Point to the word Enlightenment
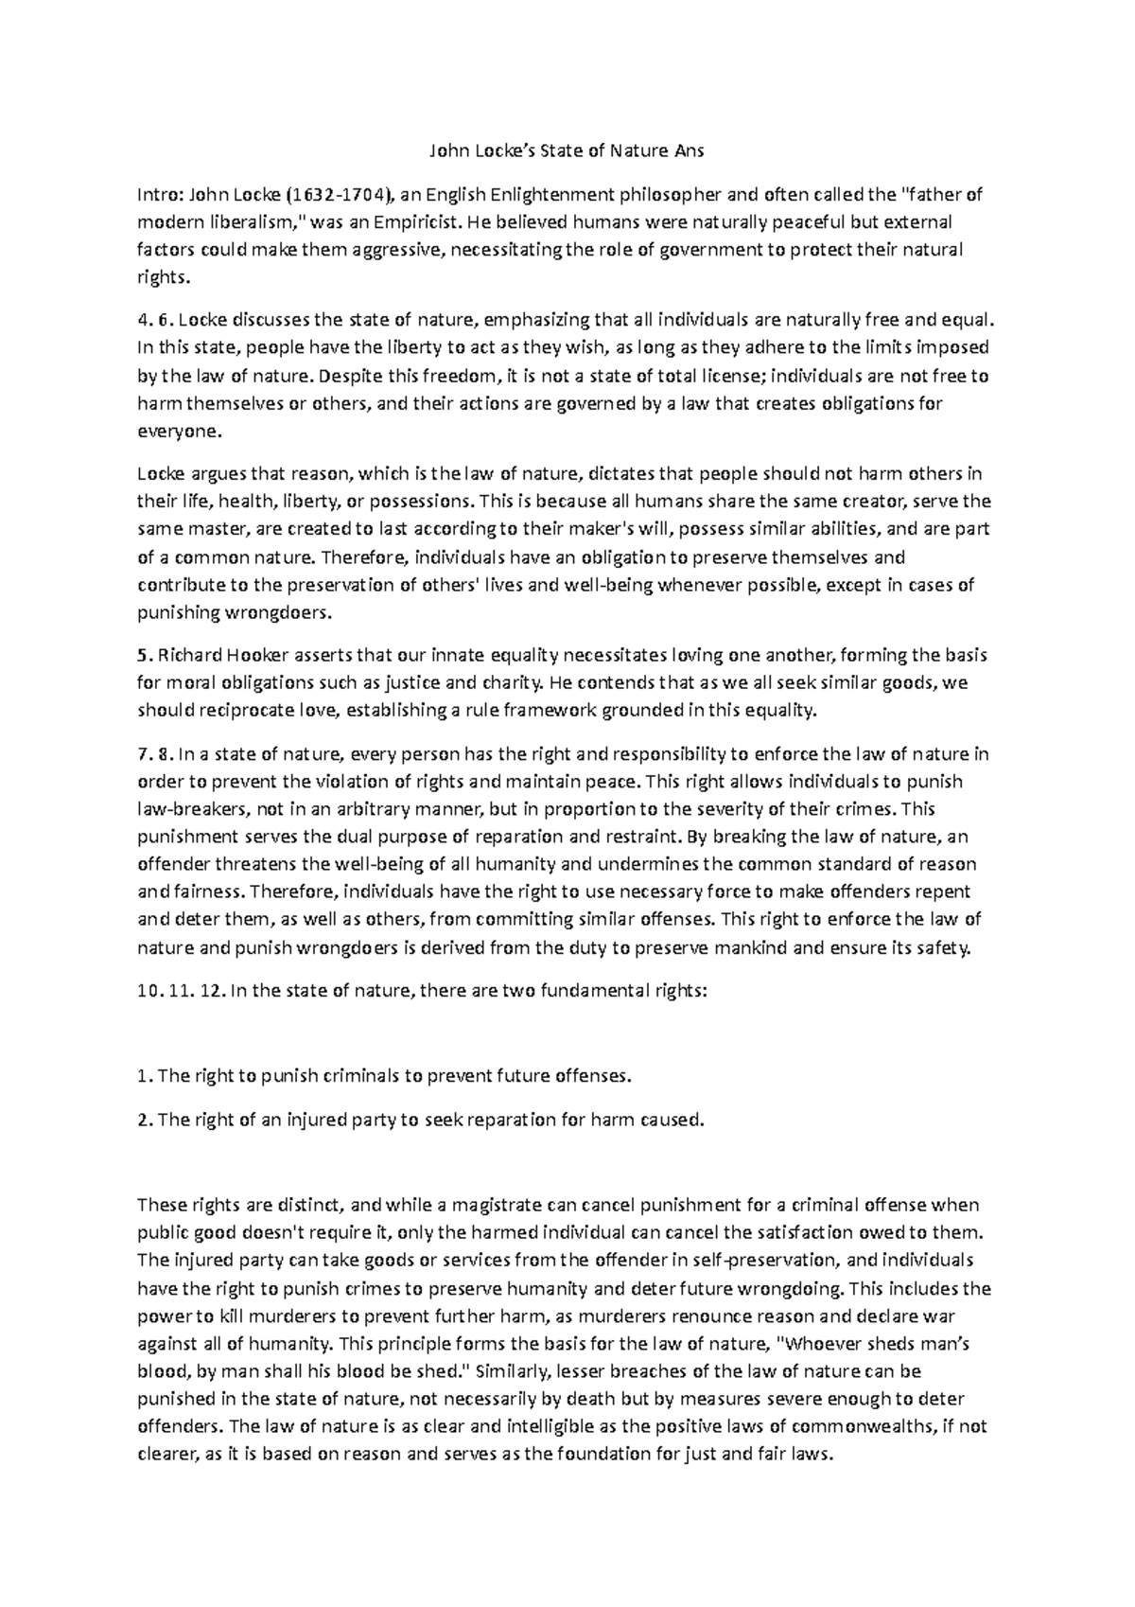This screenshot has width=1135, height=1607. pyautogui.click(x=542, y=196)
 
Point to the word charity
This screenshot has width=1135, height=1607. pyautogui.click(x=515, y=682)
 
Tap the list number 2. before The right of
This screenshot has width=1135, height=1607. pyautogui.click(x=144, y=1121)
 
